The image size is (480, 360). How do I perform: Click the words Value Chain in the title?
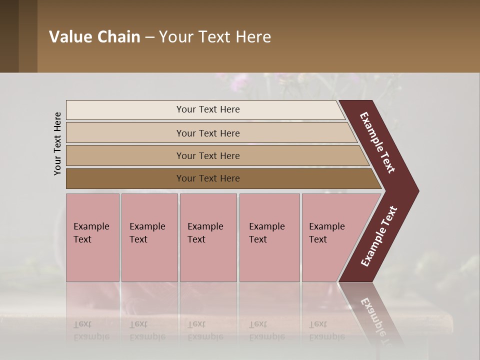94,37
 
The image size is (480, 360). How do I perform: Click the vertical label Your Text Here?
57,143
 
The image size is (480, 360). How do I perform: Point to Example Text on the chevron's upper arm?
377,142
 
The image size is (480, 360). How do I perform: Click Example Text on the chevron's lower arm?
379,236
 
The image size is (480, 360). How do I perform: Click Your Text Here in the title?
215,37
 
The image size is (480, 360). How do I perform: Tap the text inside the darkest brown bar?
208,178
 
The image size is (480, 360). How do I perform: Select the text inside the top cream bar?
208,109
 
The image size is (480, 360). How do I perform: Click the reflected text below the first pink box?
91,330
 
